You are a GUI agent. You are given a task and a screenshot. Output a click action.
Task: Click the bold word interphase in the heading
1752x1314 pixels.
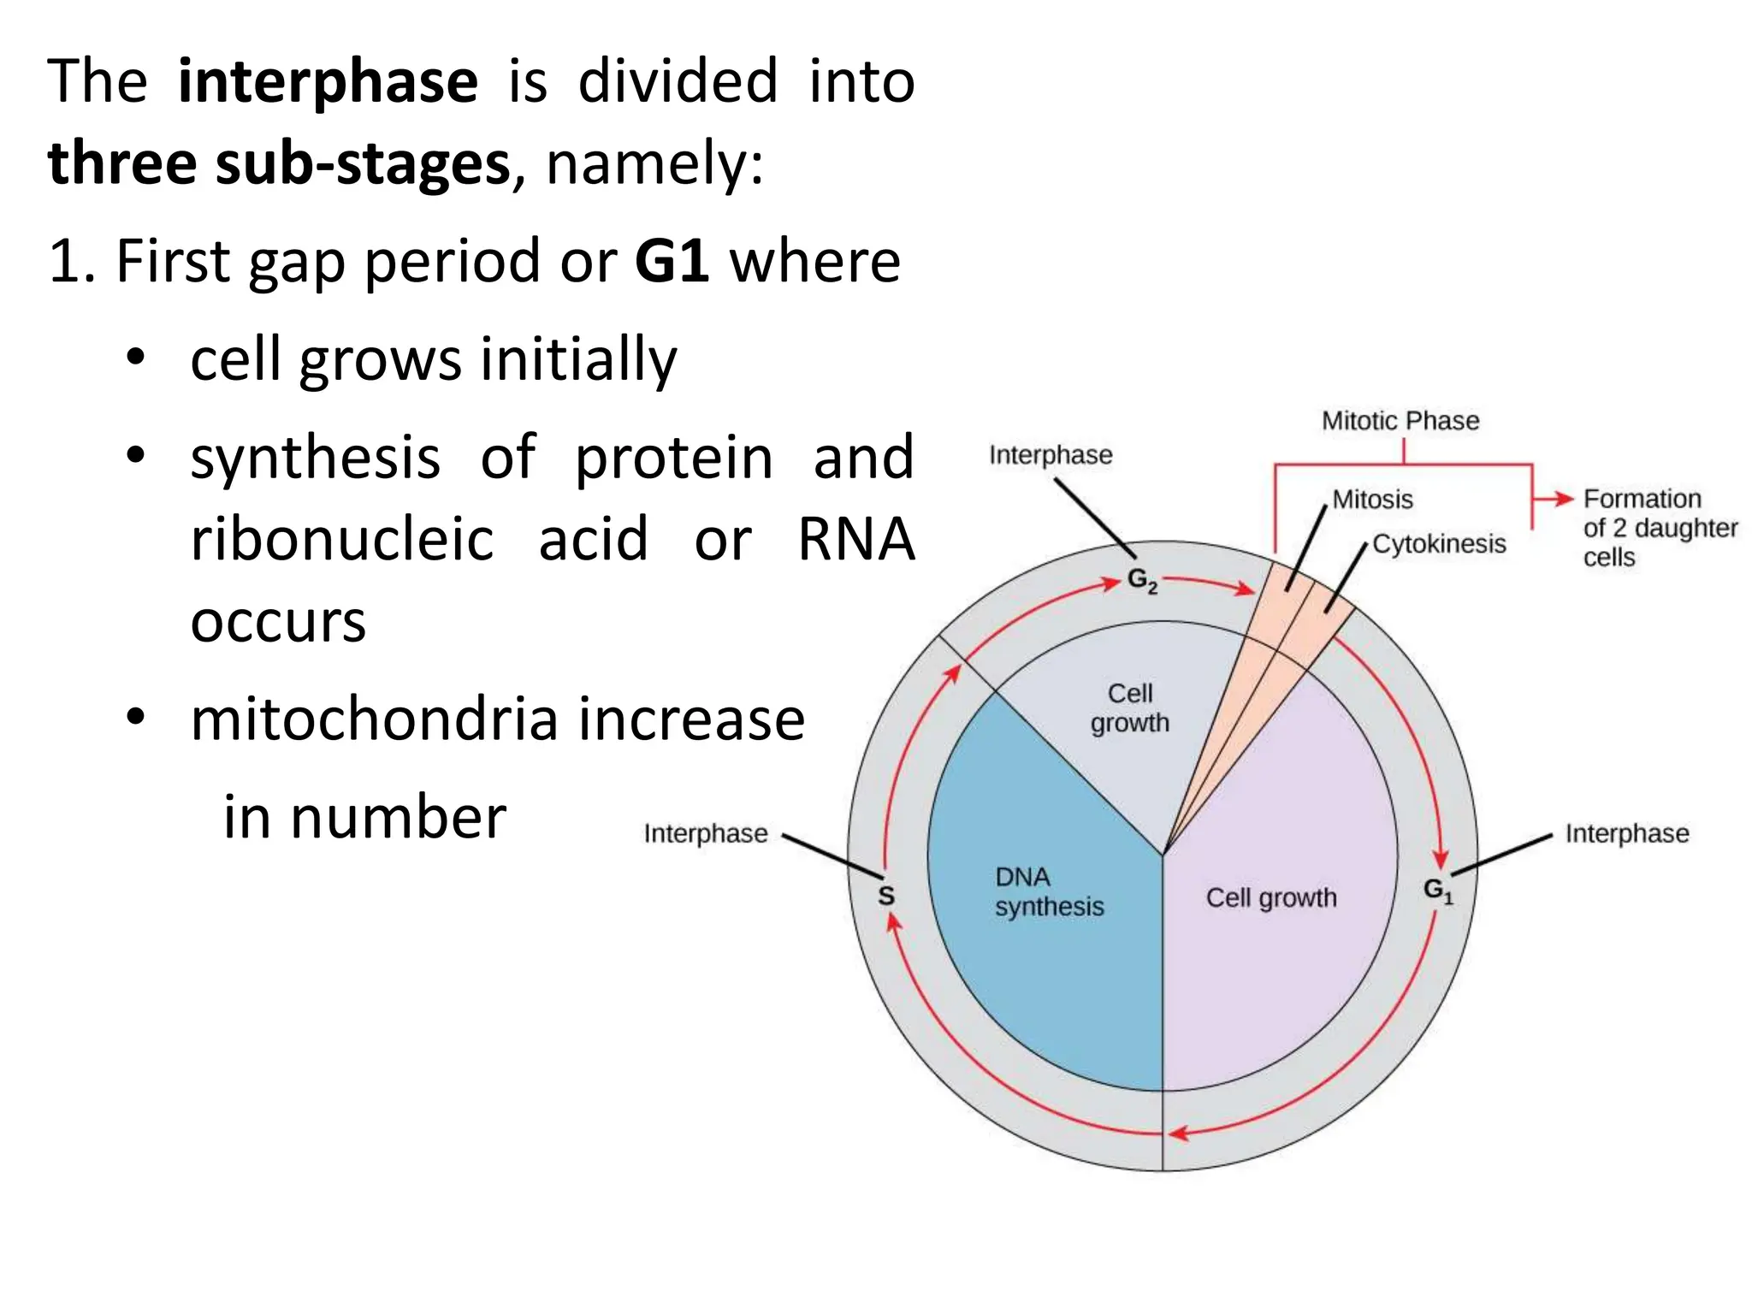coord(328,81)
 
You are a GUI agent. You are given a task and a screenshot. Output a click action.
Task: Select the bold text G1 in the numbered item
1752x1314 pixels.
coord(672,260)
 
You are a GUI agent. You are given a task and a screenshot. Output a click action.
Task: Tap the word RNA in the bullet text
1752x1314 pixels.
coord(855,539)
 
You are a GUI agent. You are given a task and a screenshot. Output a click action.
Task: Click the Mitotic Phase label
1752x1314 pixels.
coord(1400,421)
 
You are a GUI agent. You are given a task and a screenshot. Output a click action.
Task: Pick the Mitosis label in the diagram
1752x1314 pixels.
coord(1372,500)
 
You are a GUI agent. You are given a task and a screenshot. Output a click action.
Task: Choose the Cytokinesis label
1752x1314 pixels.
coord(1439,544)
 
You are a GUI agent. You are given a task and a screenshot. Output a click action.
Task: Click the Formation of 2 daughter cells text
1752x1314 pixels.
coord(1660,528)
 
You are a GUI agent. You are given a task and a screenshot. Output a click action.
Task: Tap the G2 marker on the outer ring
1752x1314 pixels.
coord(1142,580)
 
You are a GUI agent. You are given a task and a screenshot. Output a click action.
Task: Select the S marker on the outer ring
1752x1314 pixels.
coord(886,896)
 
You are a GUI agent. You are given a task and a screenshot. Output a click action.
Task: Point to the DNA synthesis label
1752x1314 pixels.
coord(1049,891)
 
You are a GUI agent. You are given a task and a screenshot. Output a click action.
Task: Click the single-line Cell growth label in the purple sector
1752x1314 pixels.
coord(1271,897)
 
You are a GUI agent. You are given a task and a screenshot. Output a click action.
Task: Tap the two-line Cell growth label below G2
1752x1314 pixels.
coord(1129,707)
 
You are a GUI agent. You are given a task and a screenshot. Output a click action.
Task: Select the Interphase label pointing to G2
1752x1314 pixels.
coord(1051,455)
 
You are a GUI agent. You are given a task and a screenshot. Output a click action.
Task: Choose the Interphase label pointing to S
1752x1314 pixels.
coord(706,833)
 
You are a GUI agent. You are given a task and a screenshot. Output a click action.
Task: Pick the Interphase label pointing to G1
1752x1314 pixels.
coord(1627,833)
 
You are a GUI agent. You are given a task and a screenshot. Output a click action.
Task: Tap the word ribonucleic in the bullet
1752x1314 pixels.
coord(342,539)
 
